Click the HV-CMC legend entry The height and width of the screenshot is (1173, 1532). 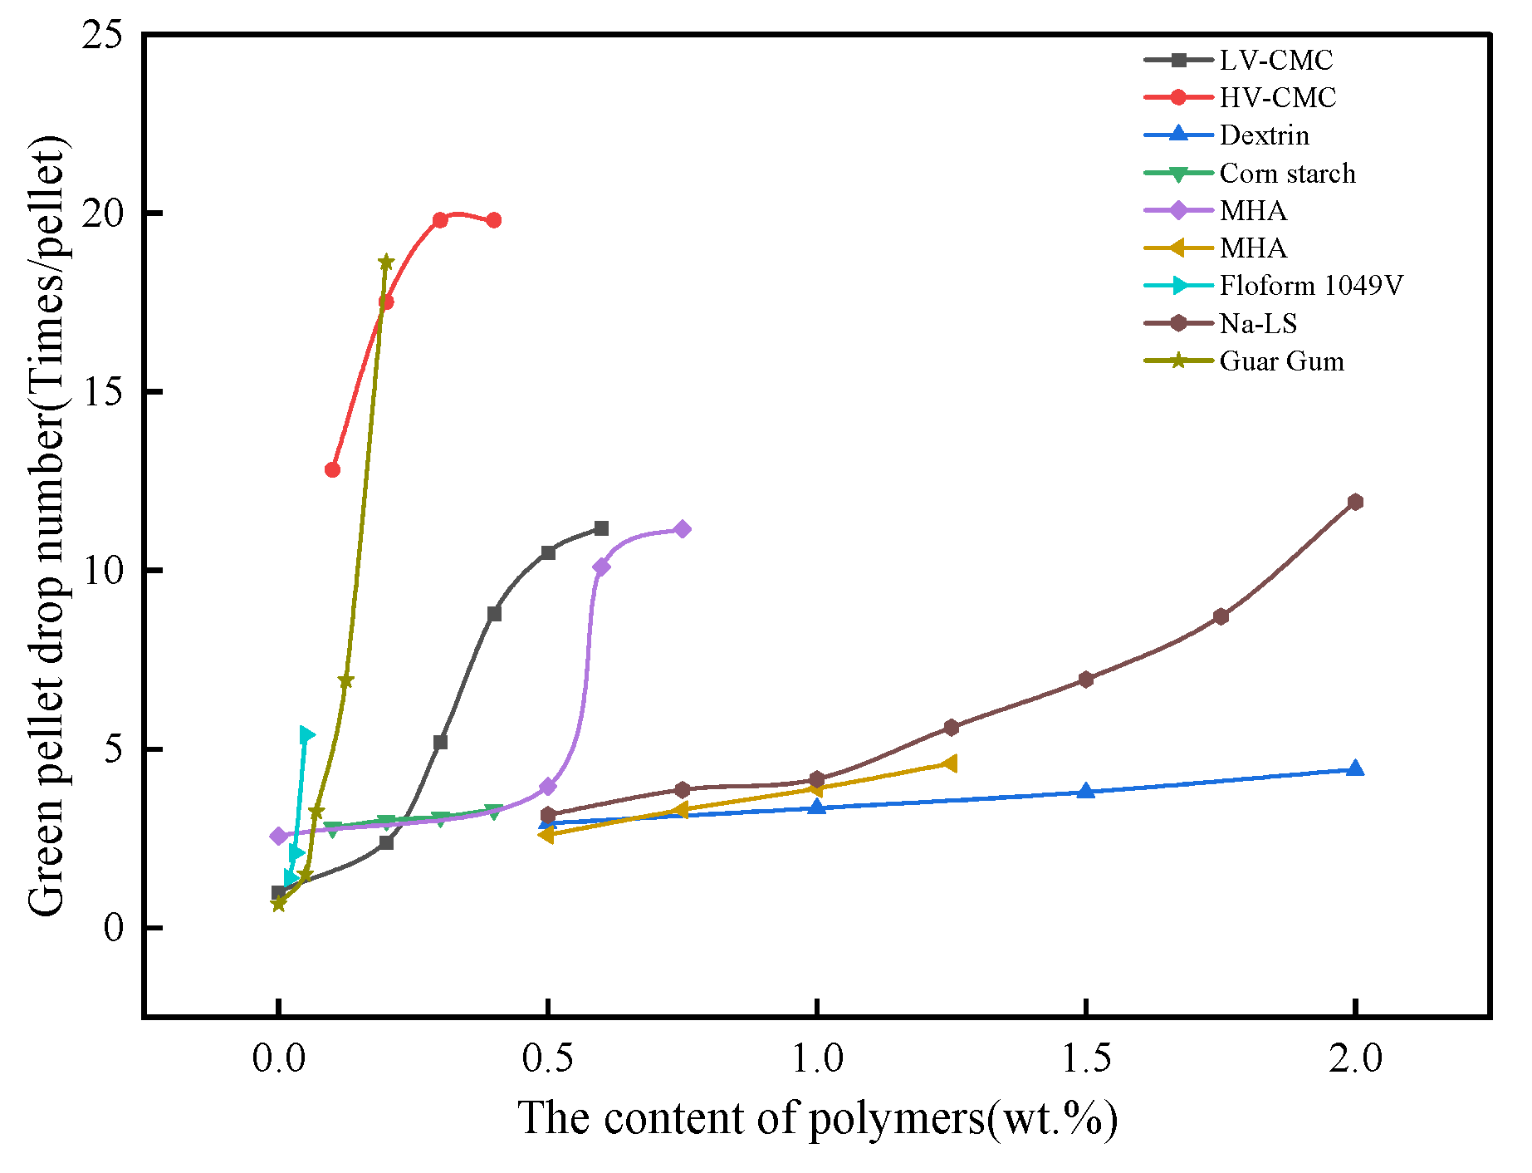coord(1277,98)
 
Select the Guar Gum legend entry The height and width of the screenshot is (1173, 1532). coord(1281,361)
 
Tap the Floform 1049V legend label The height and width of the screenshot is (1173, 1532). coord(1310,286)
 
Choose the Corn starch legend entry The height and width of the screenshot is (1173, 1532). coord(1287,174)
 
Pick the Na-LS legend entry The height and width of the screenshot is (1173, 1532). coord(1257,324)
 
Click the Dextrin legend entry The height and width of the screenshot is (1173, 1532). coord(1264,135)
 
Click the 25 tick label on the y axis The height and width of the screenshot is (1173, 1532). coord(101,35)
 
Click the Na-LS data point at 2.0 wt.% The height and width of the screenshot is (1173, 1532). coord(1355,502)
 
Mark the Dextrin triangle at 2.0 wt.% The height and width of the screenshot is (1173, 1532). coord(1355,768)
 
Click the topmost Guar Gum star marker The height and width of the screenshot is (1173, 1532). coord(386,263)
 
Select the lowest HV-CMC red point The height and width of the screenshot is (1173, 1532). coord(332,469)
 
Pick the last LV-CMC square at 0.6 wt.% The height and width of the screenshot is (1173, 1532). coord(601,528)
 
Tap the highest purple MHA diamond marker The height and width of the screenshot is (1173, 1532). coord(683,529)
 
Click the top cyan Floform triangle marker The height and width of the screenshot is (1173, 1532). coord(306,734)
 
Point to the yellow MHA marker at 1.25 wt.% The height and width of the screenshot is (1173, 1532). coord(950,763)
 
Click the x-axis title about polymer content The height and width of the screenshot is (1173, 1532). coord(817,1119)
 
